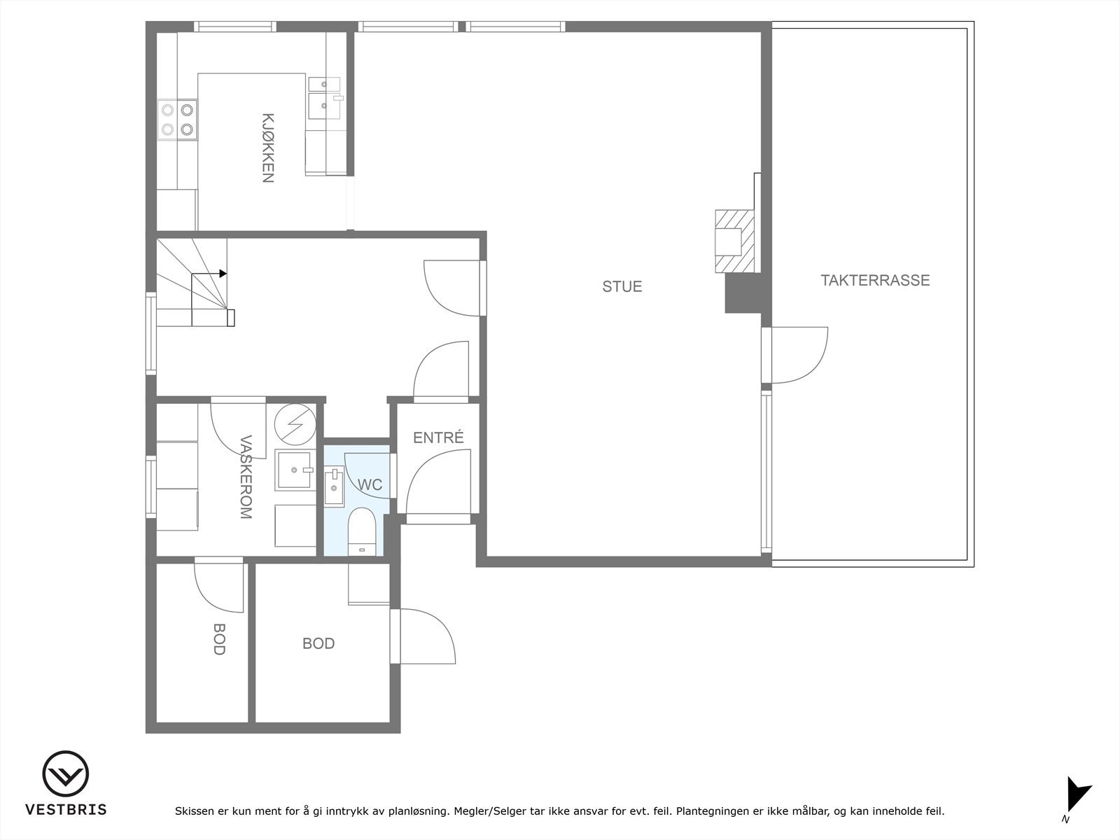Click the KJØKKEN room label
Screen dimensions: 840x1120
coord(267,148)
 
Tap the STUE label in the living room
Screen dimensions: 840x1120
coord(622,286)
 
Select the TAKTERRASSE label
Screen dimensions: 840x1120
coord(875,280)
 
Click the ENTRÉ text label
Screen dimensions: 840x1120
coord(438,438)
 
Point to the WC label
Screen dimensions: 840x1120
coord(370,484)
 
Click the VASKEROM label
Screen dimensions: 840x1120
coord(245,477)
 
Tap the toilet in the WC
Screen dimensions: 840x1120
coord(362,530)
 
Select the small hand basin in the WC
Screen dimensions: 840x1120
coord(333,486)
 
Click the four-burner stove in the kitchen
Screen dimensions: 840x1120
coord(177,119)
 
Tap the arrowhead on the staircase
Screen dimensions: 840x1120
coord(223,273)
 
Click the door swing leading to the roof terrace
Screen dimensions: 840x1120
coord(798,355)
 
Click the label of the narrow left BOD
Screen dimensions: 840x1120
coord(218,639)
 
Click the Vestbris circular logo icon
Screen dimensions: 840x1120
coord(65,775)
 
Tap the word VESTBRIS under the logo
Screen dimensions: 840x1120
coord(66,810)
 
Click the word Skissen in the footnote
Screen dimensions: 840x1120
coord(194,812)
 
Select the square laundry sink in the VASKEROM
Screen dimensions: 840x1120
coord(294,470)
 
